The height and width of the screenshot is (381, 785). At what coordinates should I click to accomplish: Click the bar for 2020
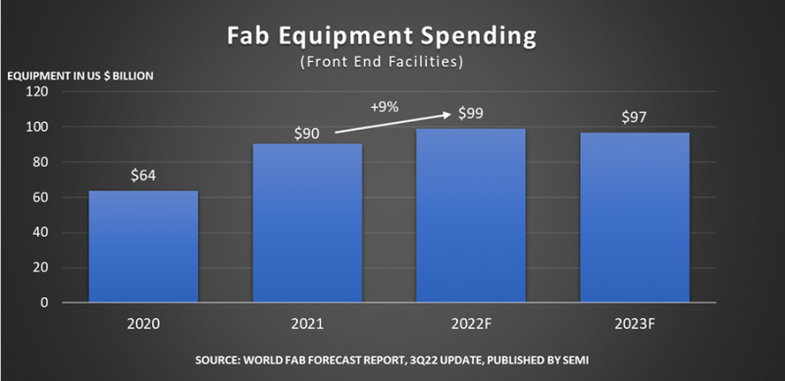pyautogui.click(x=144, y=246)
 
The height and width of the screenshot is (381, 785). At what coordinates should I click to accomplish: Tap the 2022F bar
pyautogui.click(x=471, y=215)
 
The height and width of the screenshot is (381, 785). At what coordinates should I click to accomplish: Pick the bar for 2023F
pyautogui.click(x=635, y=217)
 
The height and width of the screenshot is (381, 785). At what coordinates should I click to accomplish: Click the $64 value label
pyautogui.click(x=144, y=176)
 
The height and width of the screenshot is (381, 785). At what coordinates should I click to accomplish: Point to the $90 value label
pyautogui.click(x=307, y=132)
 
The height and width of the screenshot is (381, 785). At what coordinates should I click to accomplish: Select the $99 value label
pyautogui.click(x=471, y=115)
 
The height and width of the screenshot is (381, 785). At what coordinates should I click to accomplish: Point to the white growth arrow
pyautogui.click(x=392, y=123)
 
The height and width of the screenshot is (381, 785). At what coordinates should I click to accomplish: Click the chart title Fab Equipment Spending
pyautogui.click(x=392, y=36)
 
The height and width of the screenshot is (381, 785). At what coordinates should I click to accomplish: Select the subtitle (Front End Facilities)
pyautogui.click(x=392, y=62)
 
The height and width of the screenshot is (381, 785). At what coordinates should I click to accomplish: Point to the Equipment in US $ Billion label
pyautogui.click(x=80, y=76)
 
